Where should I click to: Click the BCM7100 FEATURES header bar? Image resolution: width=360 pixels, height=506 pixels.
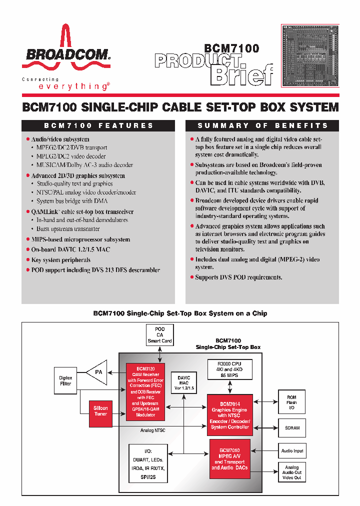98,125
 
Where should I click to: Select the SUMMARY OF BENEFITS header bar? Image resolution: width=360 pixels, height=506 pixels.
262,125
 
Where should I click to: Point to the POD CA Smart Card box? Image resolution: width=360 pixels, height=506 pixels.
159,335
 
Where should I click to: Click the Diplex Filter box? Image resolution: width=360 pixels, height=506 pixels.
65,380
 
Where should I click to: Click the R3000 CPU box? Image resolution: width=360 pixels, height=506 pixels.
229,369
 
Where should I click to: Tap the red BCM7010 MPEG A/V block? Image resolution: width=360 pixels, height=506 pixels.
229,458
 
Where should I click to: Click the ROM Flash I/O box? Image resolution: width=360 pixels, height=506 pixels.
291,402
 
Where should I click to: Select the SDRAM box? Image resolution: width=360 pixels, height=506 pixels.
291,428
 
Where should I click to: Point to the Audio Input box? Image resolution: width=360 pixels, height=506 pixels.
291,451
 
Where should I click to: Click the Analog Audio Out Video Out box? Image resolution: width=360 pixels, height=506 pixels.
291,472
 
